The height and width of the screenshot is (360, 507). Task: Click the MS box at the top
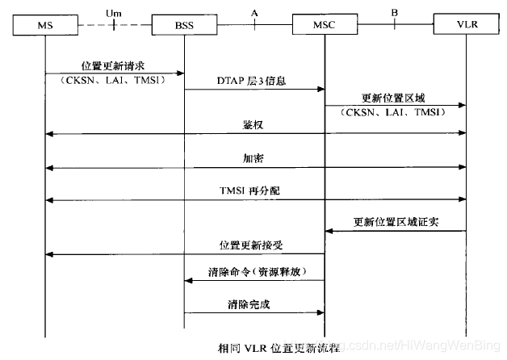coord(45,25)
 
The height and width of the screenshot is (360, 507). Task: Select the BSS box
coord(184,24)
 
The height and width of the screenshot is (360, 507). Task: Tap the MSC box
coord(325,24)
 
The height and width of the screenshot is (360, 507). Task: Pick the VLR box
coord(467,24)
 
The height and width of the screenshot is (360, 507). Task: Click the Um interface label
coord(114,14)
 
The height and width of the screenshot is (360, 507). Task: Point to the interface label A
coord(254,13)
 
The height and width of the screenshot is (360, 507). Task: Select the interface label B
coord(395,13)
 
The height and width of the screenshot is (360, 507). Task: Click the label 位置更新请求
coord(113,66)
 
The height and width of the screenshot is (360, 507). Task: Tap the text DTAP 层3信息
coord(252,81)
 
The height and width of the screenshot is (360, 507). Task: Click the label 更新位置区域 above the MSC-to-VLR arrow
coord(393,98)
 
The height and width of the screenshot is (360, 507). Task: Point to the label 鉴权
coord(253,125)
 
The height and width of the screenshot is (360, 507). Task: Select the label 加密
coord(253,158)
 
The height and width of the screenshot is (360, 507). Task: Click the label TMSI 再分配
coord(249,190)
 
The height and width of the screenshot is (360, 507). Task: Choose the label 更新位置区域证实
coord(396,222)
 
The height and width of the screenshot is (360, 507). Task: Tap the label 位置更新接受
coord(251,245)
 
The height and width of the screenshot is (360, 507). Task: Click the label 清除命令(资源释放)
coord(257,272)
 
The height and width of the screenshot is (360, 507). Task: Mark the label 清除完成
coord(249,304)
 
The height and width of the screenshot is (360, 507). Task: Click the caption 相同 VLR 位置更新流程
coord(279,349)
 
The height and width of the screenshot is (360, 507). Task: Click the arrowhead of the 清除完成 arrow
coord(321,312)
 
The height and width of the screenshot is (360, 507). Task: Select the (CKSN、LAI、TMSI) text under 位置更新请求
coord(112,80)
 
